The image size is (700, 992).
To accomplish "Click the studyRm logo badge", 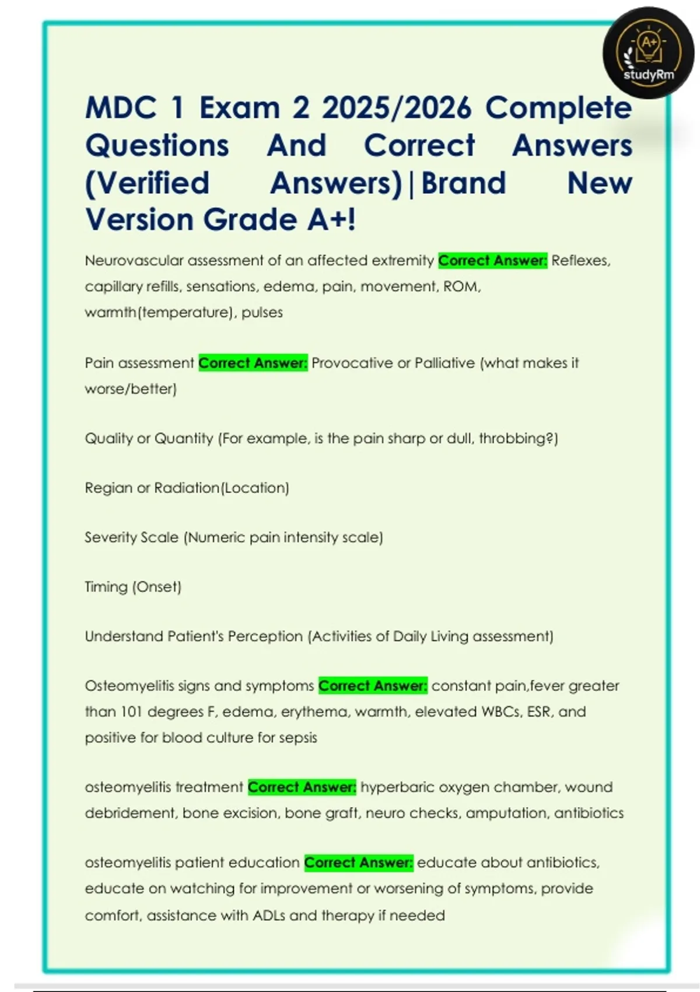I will pyautogui.click(x=648, y=53).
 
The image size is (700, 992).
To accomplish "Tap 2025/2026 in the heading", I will pyautogui.click(x=396, y=108).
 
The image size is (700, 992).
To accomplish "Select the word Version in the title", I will pyautogui.click(x=139, y=220).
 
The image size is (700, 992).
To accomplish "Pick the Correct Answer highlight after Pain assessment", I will pyautogui.click(x=253, y=363).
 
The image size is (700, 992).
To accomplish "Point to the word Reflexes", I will pyautogui.click(x=580, y=260).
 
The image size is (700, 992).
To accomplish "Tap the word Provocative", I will pyautogui.click(x=352, y=363).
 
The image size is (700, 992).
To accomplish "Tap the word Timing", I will pyautogui.click(x=106, y=586).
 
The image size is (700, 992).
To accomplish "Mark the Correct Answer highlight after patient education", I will pyautogui.click(x=359, y=862).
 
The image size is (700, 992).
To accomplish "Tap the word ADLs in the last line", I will pyautogui.click(x=269, y=915).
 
